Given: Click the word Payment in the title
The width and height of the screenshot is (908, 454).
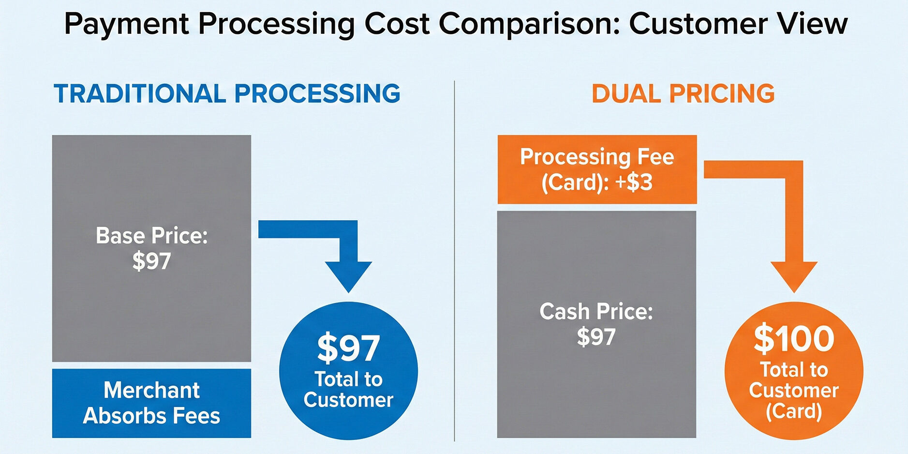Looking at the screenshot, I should (126, 24).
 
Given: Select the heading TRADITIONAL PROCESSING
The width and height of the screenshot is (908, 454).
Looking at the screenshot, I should (227, 93).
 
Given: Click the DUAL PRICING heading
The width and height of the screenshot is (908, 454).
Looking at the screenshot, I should (683, 93).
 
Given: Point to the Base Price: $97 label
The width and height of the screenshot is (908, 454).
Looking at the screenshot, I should (151, 248).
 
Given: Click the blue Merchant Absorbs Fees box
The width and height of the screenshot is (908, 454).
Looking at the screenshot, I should (151, 403).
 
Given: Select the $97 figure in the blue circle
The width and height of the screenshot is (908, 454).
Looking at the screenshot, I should (348, 348).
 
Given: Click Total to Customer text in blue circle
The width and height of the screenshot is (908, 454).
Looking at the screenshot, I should (348, 390).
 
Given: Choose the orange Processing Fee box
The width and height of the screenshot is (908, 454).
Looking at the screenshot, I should (597, 169).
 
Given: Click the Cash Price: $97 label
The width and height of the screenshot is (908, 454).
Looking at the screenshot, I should (596, 324).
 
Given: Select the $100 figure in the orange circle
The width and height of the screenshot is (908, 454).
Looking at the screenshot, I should (794, 338).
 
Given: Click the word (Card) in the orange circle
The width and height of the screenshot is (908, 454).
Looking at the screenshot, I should (794, 411).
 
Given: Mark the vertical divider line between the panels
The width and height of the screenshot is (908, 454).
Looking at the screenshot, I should (455, 261).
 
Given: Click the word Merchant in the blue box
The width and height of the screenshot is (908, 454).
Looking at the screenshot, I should (151, 390).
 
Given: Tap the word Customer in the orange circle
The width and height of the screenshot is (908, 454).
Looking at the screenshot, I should (794, 390).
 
